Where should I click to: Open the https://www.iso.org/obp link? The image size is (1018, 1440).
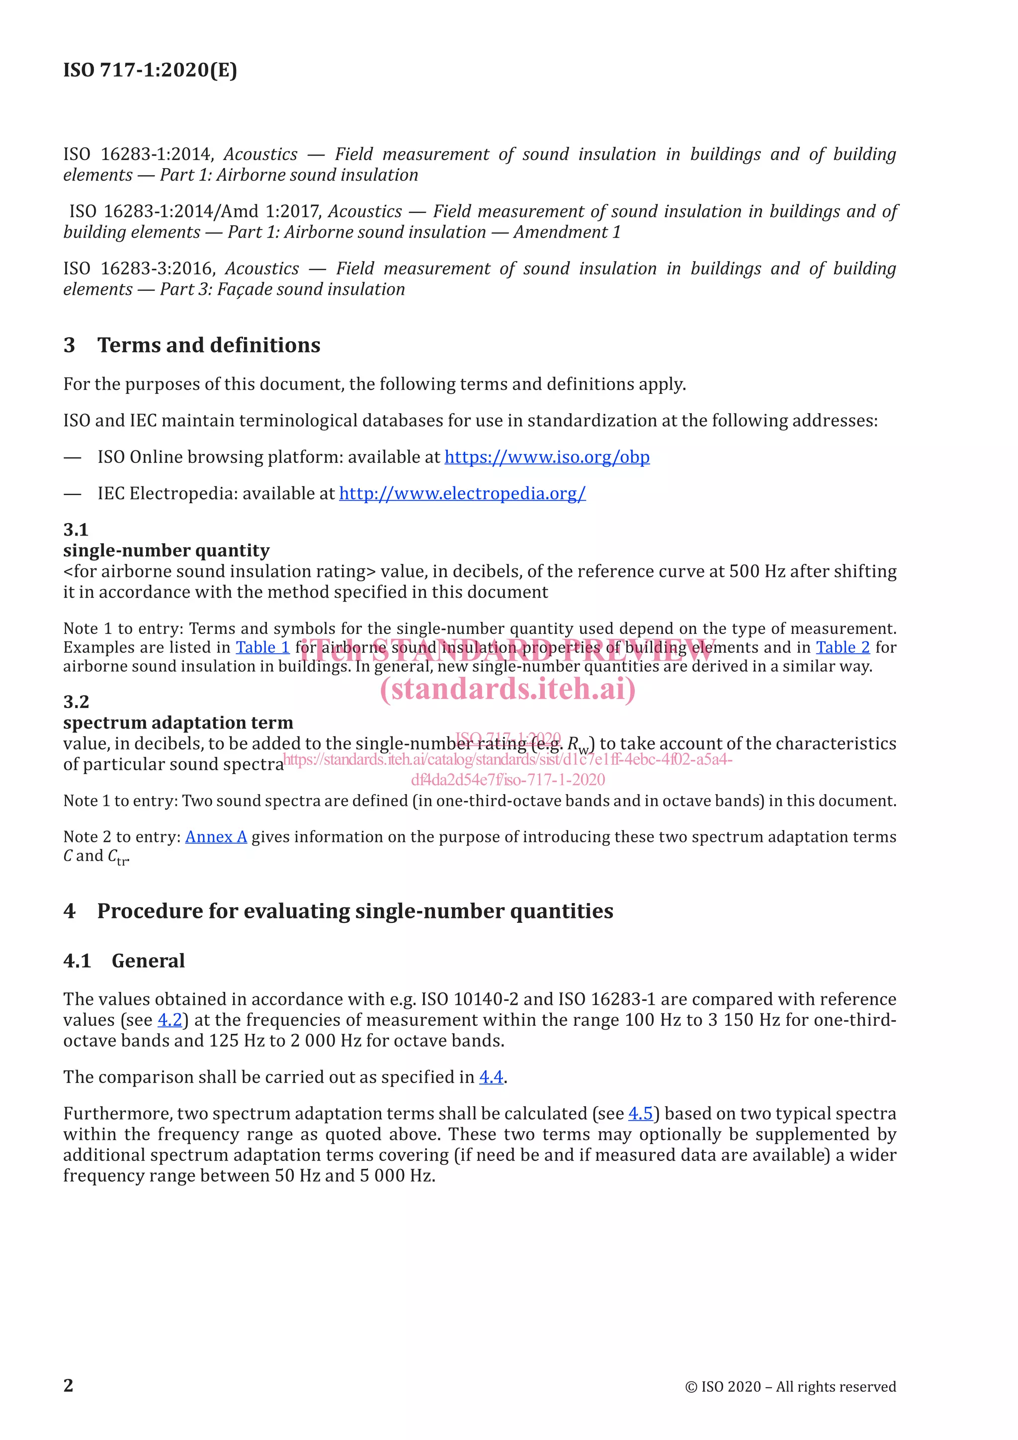click(547, 457)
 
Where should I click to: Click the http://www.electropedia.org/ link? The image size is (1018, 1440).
click(462, 494)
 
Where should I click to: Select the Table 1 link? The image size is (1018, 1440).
click(262, 647)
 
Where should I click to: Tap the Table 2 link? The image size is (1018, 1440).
click(843, 647)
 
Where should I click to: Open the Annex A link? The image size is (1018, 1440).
click(216, 837)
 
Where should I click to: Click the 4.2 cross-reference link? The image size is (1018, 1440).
click(169, 1020)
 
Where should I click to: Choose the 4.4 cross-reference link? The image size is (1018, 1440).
click(491, 1077)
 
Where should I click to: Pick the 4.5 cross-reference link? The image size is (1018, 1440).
click(640, 1113)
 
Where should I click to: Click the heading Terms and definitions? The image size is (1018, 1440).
click(209, 345)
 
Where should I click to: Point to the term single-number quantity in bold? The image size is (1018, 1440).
click(166, 550)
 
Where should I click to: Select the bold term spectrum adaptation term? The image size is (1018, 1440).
click(178, 722)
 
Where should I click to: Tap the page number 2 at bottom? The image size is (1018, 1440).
click(68, 1385)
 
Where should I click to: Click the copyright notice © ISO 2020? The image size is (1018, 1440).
click(790, 1387)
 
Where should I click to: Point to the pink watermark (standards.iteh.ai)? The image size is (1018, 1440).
click(508, 689)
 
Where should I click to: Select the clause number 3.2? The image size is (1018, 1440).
click(76, 702)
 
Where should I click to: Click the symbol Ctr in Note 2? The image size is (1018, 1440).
click(117, 857)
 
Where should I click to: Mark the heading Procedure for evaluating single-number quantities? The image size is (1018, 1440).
click(355, 910)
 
